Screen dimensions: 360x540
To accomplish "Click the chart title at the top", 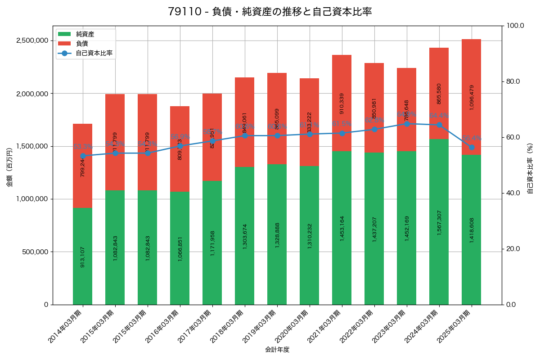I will click(x=270, y=12).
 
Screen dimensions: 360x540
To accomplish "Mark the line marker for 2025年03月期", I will click(x=471, y=147).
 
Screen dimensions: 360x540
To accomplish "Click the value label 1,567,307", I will click(x=439, y=222).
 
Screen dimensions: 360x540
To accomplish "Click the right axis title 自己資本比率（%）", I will click(x=530, y=169).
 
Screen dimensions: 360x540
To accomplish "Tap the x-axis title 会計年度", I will click(x=277, y=350).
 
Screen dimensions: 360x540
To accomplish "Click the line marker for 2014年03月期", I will click(x=82, y=156).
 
